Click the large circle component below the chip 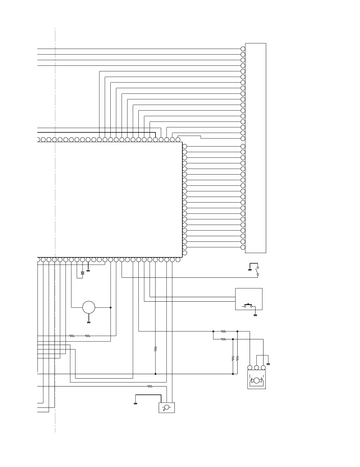(89, 308)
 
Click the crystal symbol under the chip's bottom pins (82, 273)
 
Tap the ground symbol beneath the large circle (89, 322)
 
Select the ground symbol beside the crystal (88, 270)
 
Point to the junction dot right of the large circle (111, 308)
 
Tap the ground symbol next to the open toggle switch (250, 270)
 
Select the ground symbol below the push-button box (256, 315)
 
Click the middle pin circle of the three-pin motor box (256, 368)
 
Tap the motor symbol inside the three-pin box (256, 381)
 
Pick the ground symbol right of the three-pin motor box (268, 364)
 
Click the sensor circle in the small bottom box (166, 407)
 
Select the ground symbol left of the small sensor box (135, 404)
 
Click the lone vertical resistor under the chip (156, 349)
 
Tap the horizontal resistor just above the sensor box (150, 386)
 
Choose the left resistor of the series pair (72, 336)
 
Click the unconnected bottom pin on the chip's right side (185, 253)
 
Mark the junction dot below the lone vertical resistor (156, 374)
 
